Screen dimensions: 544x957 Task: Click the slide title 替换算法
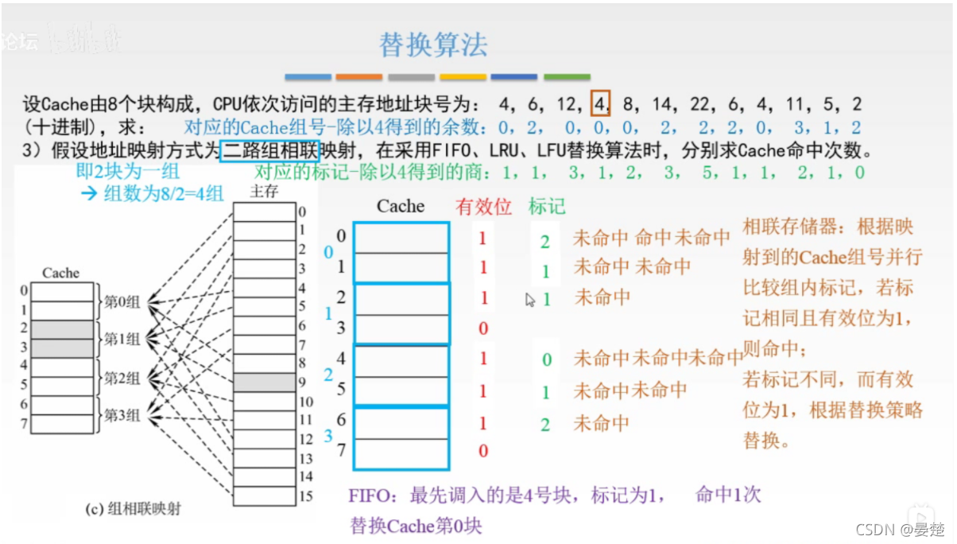click(x=433, y=45)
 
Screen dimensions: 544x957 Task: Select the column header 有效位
click(x=483, y=207)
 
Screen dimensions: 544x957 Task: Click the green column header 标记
click(x=547, y=207)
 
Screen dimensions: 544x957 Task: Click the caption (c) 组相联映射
click(x=133, y=507)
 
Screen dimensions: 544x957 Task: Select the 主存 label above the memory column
click(x=264, y=191)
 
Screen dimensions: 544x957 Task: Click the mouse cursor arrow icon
click(x=531, y=299)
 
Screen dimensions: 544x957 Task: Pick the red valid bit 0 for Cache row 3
click(x=483, y=328)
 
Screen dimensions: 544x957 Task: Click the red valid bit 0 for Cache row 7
click(x=483, y=452)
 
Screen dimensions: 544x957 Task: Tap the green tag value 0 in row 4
click(x=547, y=359)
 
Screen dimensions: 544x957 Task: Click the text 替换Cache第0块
click(x=416, y=526)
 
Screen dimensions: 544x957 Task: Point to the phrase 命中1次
click(x=727, y=495)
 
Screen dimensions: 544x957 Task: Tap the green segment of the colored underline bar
click(x=567, y=77)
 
